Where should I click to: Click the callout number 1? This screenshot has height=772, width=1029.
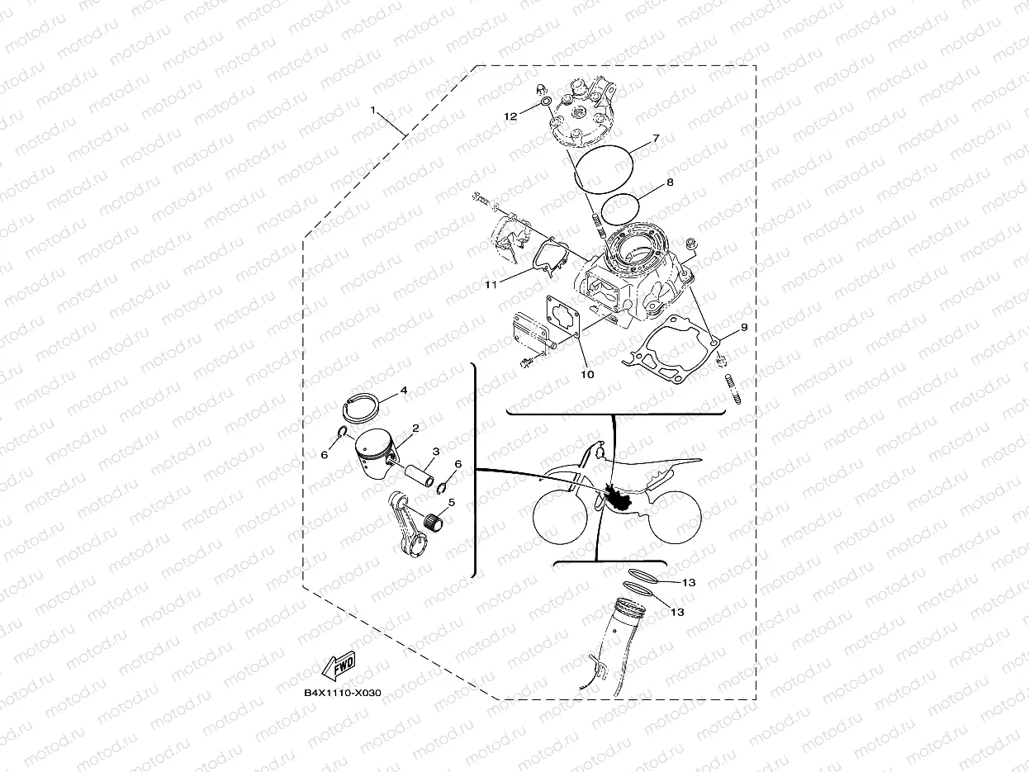pos(373,110)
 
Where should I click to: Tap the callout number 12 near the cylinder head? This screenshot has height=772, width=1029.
pos(510,116)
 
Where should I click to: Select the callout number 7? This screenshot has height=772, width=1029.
pos(656,138)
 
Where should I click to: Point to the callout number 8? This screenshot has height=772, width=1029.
pos(670,182)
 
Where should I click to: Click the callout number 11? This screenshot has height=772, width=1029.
pos(491,285)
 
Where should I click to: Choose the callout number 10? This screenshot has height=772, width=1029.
pos(587,374)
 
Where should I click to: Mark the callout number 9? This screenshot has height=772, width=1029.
pos(744,327)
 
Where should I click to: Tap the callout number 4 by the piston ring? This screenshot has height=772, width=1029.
pos(404,390)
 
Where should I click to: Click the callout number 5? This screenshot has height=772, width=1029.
pos(452,503)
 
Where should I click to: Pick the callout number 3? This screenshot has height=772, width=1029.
pos(436,452)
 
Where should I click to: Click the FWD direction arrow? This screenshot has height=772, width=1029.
pos(339,665)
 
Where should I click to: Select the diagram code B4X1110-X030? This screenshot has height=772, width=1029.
pos(343,693)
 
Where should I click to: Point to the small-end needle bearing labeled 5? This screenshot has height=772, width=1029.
pos(434,523)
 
